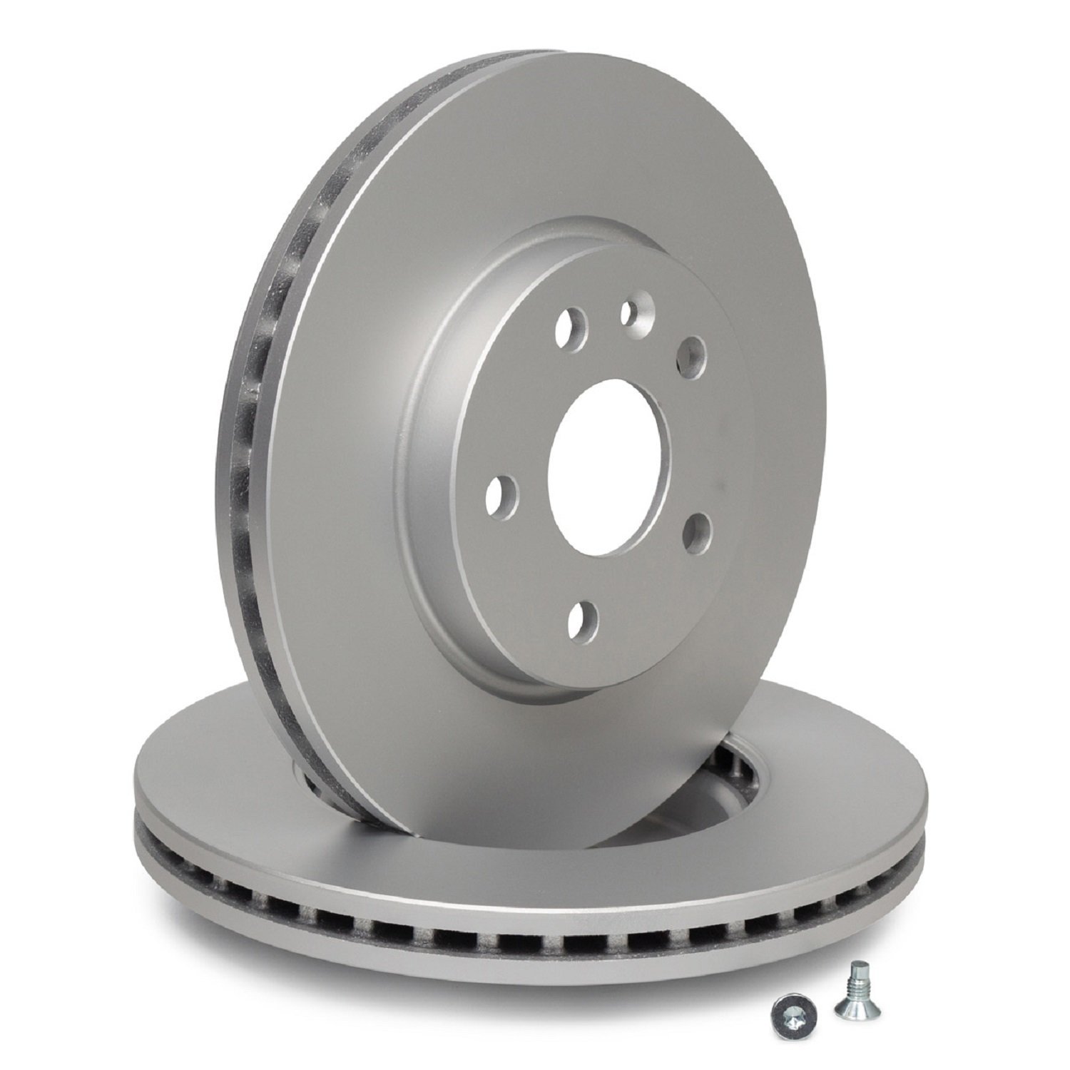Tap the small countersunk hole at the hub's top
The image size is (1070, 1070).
(x=628, y=311)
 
